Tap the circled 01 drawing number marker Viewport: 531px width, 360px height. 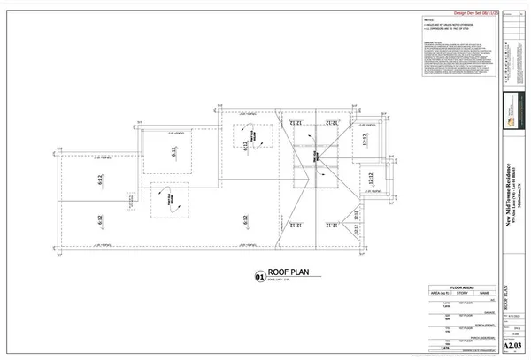260,277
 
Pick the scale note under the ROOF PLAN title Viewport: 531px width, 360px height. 281,284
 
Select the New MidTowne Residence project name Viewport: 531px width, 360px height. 507,190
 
